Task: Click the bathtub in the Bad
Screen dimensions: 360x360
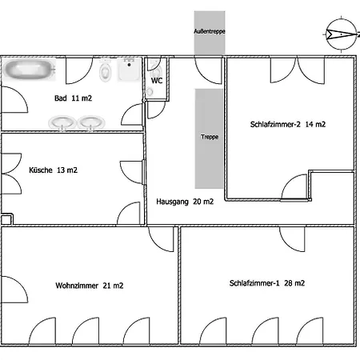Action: point(30,70)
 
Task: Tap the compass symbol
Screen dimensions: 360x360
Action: point(342,34)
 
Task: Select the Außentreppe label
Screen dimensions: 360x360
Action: point(210,31)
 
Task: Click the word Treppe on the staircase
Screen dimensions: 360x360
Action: point(210,137)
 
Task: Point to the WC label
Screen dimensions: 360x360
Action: point(157,81)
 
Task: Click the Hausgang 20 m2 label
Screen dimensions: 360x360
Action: point(185,202)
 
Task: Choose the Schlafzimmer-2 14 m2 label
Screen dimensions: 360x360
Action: point(288,124)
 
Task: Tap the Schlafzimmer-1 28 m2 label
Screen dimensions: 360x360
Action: point(267,283)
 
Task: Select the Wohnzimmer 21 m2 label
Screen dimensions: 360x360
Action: point(90,286)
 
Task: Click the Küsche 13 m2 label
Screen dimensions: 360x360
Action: point(53,170)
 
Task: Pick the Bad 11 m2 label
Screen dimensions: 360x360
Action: point(73,98)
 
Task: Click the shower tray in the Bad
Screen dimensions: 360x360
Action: point(129,69)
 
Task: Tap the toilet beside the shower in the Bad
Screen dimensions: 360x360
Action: point(105,70)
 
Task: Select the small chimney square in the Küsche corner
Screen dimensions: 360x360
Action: point(6,219)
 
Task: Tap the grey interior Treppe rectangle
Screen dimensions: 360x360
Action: point(209,138)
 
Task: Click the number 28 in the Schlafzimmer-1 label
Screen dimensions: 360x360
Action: point(288,283)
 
